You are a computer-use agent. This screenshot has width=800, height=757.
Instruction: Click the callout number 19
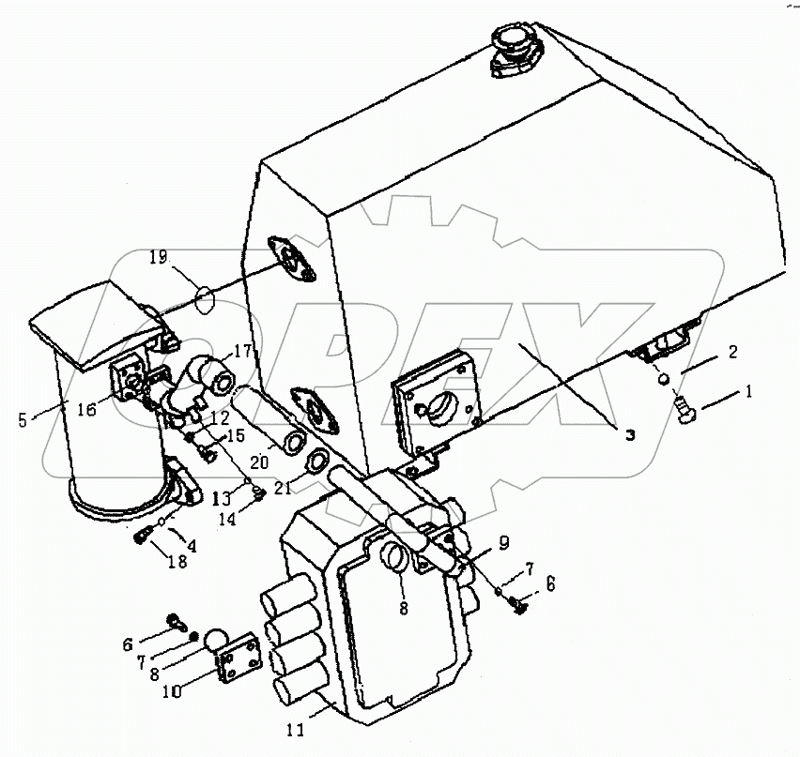click(x=159, y=257)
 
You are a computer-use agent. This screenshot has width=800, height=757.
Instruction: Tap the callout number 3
click(x=631, y=435)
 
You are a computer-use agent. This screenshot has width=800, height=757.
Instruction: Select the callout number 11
click(x=295, y=730)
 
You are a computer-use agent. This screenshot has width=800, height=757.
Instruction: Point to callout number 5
click(x=22, y=420)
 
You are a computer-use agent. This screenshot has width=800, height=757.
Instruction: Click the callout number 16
click(x=87, y=409)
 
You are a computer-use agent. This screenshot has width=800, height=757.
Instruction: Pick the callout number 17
click(x=243, y=351)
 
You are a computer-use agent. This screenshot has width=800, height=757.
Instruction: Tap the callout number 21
click(x=283, y=488)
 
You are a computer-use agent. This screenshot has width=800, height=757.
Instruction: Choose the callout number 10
click(x=172, y=692)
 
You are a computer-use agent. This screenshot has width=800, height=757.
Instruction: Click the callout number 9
click(x=503, y=543)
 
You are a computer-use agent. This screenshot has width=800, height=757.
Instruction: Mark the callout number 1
click(x=749, y=391)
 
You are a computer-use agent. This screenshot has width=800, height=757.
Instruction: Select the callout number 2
click(x=732, y=352)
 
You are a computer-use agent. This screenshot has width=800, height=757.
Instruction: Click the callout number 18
click(x=178, y=561)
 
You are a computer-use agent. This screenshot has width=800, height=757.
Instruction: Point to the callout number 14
click(x=227, y=519)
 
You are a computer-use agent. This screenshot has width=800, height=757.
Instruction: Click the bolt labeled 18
click(x=143, y=536)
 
